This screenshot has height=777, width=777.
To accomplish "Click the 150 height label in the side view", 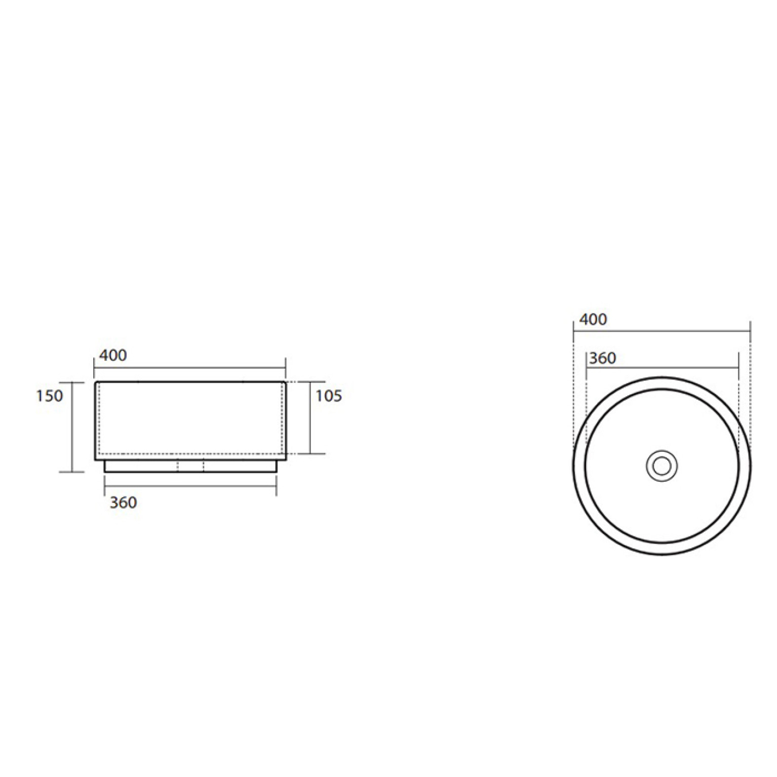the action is tap(50, 396).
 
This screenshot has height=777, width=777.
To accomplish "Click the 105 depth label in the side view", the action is tap(329, 396).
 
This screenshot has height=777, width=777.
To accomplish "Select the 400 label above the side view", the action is tap(113, 356).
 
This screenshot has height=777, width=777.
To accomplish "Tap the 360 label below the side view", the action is tap(123, 502).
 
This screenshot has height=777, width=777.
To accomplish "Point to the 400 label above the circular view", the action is tap(593, 319).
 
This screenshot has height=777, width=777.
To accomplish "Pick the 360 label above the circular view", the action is tap(603, 358).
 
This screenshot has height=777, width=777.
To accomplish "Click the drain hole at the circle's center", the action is tap(662, 465).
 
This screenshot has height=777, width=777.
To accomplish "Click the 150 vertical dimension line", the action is tap(72, 427).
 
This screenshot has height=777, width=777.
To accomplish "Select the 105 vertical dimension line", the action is tap(310, 417).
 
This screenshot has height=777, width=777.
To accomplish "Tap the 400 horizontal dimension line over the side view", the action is tap(190, 370).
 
